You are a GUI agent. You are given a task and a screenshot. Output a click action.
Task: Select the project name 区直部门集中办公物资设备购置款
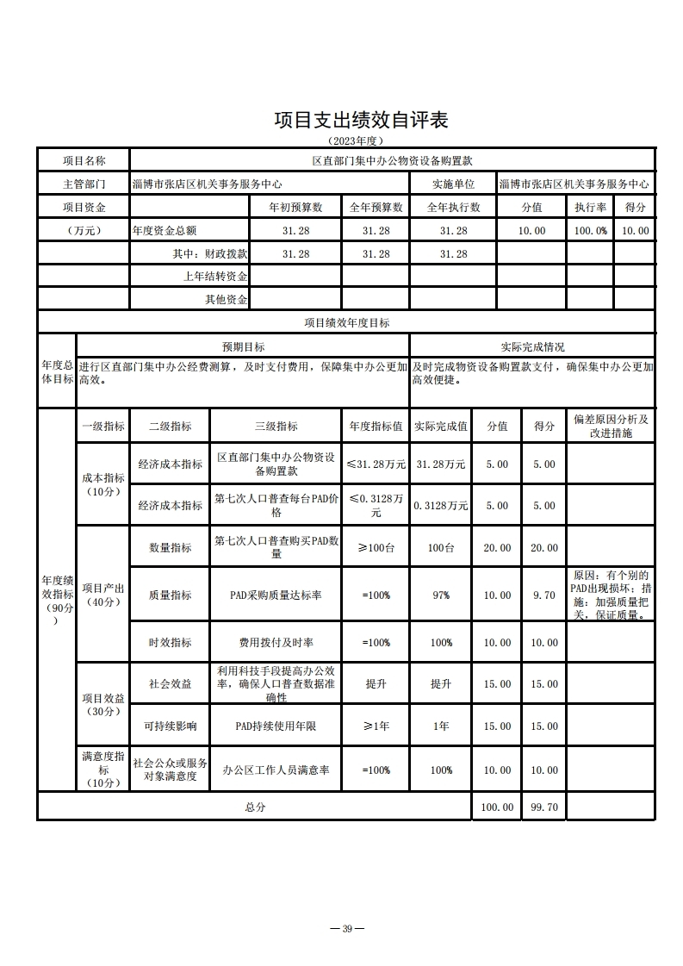392,161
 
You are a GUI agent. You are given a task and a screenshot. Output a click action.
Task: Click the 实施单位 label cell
453,184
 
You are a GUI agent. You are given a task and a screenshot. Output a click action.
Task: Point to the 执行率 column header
590,208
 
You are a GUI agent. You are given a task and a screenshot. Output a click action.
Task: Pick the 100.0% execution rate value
590,231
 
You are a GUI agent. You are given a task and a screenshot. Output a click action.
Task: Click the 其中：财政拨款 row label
210,254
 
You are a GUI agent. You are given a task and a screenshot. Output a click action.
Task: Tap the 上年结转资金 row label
215,277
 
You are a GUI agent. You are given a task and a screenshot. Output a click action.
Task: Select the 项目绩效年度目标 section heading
346,322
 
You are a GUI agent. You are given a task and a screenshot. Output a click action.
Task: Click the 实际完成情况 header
532,346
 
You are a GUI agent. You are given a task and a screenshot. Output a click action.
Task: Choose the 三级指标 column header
276,426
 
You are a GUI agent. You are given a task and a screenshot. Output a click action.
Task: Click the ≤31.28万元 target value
376,464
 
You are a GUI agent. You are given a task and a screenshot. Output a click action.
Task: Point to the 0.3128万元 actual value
441,506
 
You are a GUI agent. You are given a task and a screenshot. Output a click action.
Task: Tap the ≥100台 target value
376,548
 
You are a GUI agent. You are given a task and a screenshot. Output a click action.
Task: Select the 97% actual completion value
441,595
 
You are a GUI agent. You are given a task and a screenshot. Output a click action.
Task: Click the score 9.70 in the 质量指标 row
543,595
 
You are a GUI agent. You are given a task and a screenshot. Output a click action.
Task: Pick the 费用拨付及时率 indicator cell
276,643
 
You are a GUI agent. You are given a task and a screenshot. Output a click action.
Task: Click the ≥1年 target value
376,726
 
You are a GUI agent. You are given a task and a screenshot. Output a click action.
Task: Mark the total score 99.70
543,807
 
